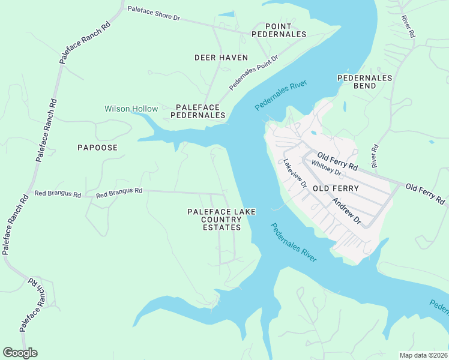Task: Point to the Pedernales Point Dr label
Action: coord(253,73)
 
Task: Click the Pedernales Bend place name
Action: coord(364,82)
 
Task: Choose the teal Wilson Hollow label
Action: coord(131,109)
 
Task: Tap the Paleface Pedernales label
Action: coord(200,111)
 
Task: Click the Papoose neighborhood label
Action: coord(97,148)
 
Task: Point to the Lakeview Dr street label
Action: coord(295,175)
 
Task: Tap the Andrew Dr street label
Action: coord(346,211)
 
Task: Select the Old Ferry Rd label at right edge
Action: coord(426,193)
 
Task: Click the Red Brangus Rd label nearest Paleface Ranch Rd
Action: coord(58,194)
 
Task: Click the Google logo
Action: coord(20,353)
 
